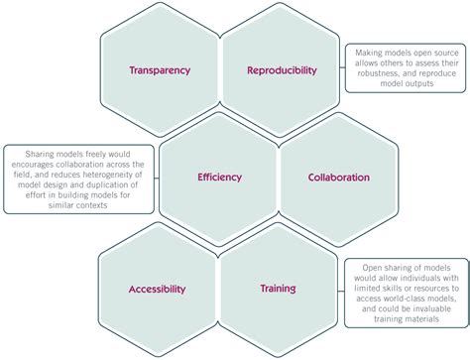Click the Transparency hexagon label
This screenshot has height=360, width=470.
159,70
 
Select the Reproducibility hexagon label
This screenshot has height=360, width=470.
282,70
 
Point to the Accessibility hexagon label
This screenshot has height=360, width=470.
157,289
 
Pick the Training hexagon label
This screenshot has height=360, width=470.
278,289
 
